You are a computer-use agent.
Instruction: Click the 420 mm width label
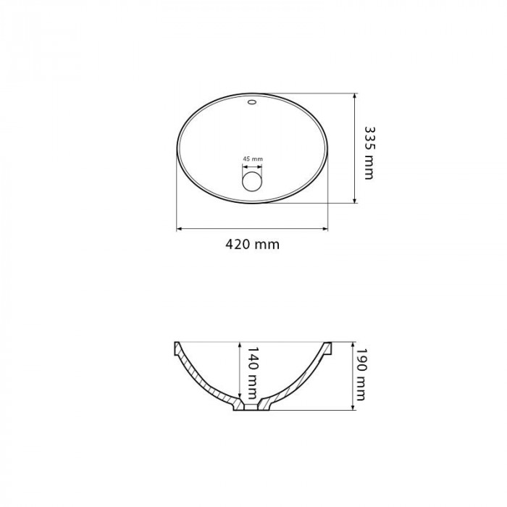click(252, 245)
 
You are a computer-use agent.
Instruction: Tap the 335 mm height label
click(369, 153)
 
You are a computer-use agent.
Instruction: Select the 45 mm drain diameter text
click(253, 159)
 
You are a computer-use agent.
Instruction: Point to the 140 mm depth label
click(252, 373)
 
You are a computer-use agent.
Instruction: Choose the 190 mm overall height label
click(361, 374)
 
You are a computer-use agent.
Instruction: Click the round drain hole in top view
click(252, 181)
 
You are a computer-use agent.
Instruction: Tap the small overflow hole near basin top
click(252, 102)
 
